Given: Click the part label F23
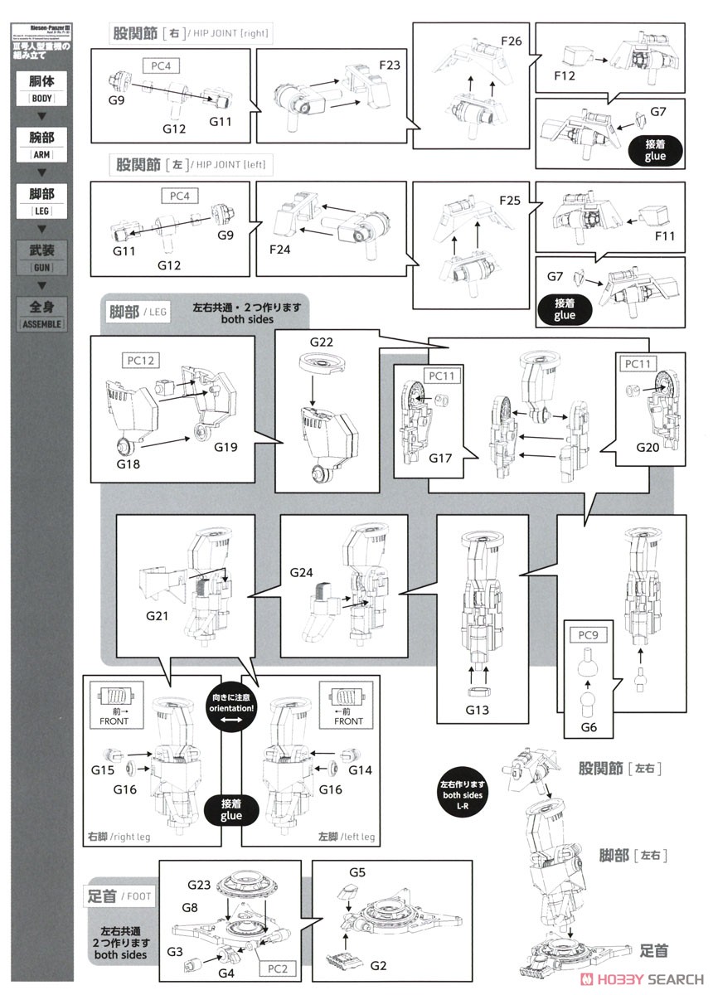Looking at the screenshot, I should click(390, 64).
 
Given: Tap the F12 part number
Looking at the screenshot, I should click(565, 76).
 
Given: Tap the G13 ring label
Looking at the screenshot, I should click(478, 709).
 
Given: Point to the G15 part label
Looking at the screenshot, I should click(103, 770).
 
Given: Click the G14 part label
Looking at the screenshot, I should click(359, 770).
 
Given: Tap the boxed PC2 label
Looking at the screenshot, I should click(278, 968).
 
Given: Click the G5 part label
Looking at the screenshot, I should click(357, 872).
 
